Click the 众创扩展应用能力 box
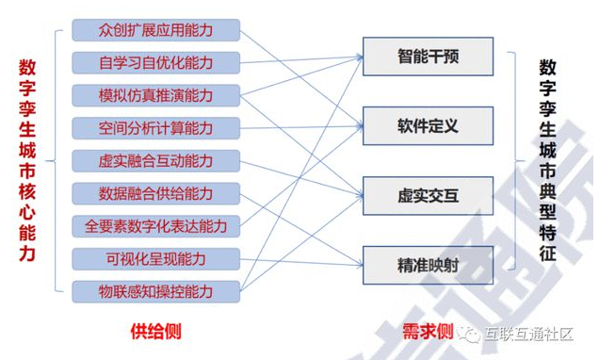(155, 30)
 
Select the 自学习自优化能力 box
(155, 63)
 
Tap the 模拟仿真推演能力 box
(155, 96)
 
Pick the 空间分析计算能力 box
(155, 128)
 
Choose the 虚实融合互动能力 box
(155, 161)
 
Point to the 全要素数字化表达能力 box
(155, 226)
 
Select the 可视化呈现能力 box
(155, 258)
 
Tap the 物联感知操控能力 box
(155, 291)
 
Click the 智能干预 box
(428, 57)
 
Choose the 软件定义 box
(428, 126)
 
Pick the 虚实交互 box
(428, 196)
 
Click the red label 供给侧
(155, 331)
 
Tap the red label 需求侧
(428, 332)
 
